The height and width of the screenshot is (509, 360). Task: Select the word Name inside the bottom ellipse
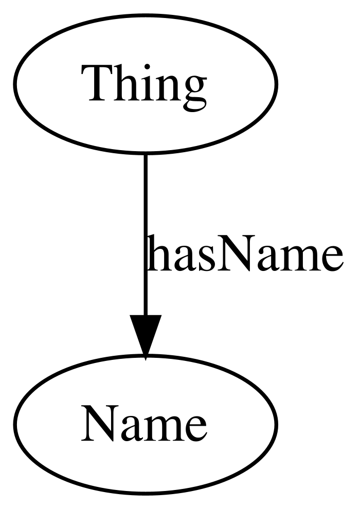144,423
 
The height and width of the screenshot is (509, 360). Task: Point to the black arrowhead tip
146,359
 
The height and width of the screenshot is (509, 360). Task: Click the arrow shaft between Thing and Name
146,234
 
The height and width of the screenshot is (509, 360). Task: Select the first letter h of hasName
156,252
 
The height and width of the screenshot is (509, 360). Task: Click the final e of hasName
331,259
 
